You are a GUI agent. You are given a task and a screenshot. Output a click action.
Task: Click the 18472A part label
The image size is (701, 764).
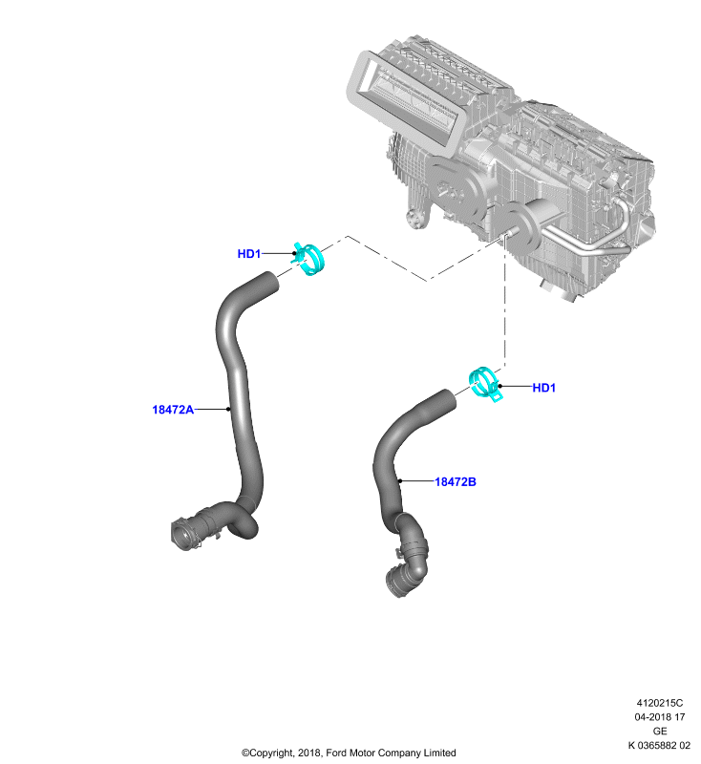[x=173, y=410]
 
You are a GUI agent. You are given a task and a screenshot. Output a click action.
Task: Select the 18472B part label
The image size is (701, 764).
[x=456, y=482]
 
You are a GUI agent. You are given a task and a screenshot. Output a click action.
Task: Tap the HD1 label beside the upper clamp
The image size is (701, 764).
[x=249, y=254]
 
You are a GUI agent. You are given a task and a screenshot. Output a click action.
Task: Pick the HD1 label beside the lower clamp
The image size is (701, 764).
[x=544, y=388]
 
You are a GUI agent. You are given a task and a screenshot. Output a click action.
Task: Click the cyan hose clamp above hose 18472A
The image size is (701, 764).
[x=308, y=259]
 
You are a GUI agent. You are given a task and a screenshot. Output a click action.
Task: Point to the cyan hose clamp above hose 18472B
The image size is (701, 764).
[x=485, y=384]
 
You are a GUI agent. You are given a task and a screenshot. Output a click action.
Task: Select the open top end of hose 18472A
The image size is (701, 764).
[x=269, y=283]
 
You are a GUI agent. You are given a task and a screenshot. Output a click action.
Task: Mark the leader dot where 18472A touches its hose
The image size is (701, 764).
[x=228, y=410]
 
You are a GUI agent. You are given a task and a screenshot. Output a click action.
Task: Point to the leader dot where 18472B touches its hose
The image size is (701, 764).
[x=400, y=481]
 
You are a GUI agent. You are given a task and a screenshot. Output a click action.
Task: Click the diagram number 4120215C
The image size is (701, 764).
[x=660, y=703]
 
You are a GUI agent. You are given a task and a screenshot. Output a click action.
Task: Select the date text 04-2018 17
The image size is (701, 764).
[x=660, y=717]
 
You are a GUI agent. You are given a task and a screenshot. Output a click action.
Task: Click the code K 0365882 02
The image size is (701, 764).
[x=659, y=746]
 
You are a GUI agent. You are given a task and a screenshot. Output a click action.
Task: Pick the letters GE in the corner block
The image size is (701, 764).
[x=660, y=732]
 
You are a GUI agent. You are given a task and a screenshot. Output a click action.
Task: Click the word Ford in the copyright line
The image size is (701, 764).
[x=335, y=753]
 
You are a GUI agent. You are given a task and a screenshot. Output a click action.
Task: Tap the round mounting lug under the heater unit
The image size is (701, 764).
[x=414, y=218]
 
